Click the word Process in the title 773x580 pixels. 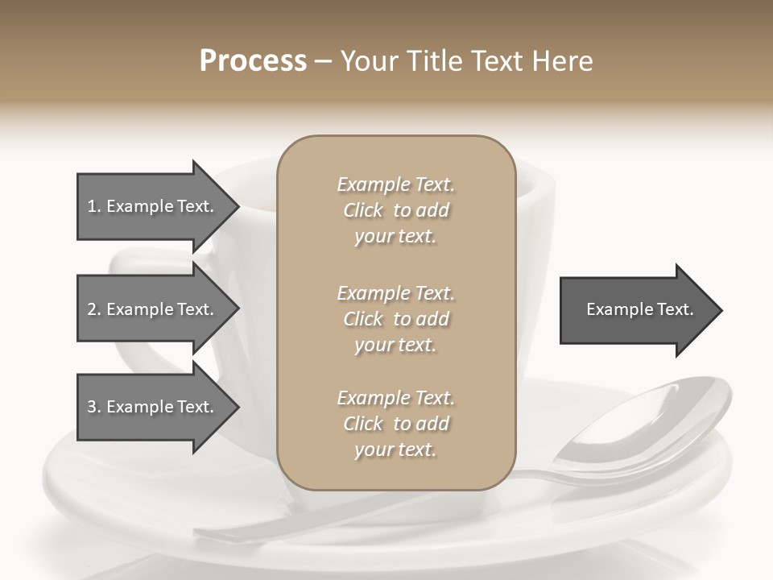(253, 61)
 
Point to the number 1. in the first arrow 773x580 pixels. (94, 206)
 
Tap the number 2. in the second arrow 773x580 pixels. (94, 309)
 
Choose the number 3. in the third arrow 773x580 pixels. (94, 407)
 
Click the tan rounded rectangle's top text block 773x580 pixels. (395, 210)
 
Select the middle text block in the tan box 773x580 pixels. (395, 319)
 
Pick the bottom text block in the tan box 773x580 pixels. (395, 424)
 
